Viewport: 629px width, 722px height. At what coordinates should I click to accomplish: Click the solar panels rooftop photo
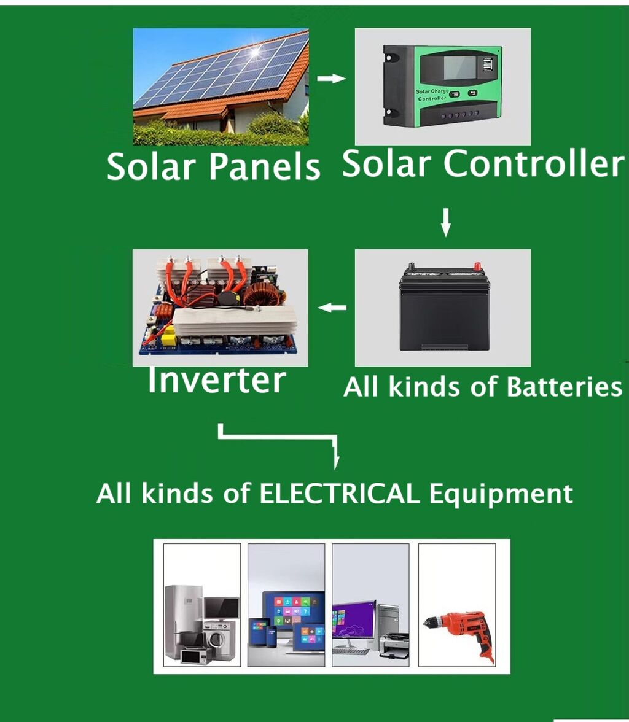pyautogui.click(x=221, y=87)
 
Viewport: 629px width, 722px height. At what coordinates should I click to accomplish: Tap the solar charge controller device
pyautogui.click(x=442, y=86)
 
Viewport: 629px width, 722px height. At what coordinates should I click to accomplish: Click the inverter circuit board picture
pyautogui.click(x=220, y=307)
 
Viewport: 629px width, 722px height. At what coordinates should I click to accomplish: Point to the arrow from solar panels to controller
pyautogui.click(x=332, y=79)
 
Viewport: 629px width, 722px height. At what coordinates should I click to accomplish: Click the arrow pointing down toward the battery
pyautogui.click(x=446, y=222)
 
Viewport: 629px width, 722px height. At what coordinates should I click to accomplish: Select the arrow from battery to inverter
pyautogui.click(x=332, y=307)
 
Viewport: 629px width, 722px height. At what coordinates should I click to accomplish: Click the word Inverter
pyautogui.click(x=216, y=381)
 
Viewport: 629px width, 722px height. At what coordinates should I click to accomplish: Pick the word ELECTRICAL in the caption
pyautogui.click(x=340, y=493)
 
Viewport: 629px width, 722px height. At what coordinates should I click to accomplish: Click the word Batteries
pyautogui.click(x=564, y=387)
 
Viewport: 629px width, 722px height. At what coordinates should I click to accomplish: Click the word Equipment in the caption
pyautogui.click(x=501, y=494)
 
